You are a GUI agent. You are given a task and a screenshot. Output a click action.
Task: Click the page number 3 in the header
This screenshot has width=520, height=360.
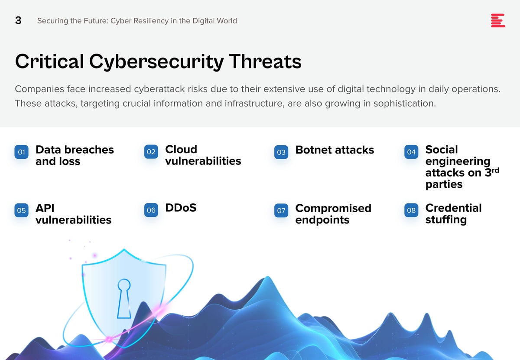[x=18, y=20]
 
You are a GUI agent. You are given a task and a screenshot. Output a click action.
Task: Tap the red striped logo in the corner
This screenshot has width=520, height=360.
[x=498, y=20]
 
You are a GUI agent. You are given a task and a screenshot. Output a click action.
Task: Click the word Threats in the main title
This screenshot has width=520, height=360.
[x=265, y=62]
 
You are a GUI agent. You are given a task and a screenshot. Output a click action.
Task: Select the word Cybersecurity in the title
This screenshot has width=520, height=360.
[x=156, y=62]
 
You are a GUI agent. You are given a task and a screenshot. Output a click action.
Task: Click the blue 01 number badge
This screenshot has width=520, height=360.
[x=21, y=152]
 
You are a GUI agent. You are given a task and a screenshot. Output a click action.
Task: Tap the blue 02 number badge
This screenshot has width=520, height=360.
[x=151, y=152]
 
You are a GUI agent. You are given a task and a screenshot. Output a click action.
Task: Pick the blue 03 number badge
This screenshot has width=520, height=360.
[x=281, y=152]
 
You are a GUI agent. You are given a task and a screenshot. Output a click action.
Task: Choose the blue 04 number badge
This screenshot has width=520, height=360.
[x=411, y=152]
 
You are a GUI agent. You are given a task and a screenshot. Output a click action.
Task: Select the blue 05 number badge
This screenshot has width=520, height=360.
[x=21, y=210]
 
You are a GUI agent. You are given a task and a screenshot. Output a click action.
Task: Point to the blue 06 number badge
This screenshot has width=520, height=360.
[x=151, y=210]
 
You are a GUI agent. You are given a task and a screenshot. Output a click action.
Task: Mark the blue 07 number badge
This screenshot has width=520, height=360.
[x=281, y=210]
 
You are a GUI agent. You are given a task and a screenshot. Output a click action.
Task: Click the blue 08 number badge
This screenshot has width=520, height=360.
[x=411, y=210]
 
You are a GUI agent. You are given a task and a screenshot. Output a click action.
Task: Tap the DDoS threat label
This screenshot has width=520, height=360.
[x=181, y=208]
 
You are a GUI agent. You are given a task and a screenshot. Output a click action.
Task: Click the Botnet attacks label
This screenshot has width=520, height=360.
[x=335, y=150]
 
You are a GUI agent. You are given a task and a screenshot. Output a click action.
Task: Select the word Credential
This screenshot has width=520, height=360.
[x=453, y=208]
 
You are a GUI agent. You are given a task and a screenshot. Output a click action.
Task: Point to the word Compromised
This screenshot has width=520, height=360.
[x=333, y=209]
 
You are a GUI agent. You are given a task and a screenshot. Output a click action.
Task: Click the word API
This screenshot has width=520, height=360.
[x=45, y=208]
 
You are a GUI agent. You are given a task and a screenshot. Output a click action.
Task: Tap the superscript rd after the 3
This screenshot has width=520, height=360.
[x=495, y=170]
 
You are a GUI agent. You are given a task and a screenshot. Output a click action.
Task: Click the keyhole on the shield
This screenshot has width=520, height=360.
[x=124, y=298]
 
